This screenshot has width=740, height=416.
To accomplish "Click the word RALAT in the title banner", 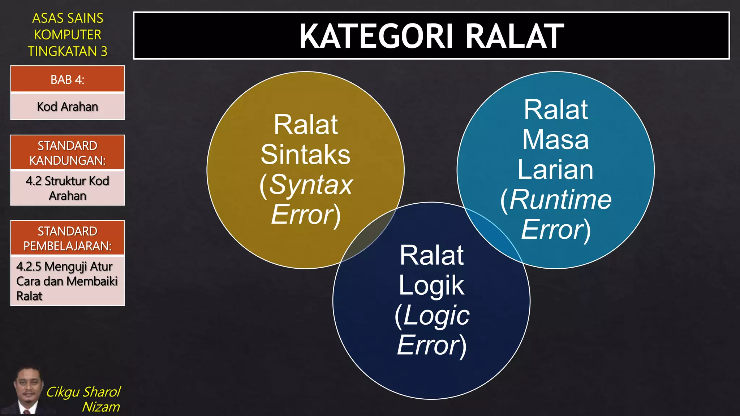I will click(515, 36).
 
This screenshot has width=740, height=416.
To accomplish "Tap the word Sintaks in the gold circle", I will click(305, 155).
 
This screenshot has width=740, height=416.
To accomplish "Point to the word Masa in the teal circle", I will click(555, 140).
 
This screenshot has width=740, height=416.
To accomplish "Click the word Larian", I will click(555, 170).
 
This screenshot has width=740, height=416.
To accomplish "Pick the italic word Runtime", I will click(560, 200).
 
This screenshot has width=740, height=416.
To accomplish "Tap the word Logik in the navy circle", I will click(431, 286).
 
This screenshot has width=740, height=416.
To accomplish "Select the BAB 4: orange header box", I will click(68, 79).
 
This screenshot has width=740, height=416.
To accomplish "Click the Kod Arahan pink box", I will click(68, 107).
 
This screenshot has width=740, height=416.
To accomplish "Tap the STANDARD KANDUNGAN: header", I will click(68, 153).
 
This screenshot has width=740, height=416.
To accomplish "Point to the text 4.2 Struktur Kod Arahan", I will click(68, 188).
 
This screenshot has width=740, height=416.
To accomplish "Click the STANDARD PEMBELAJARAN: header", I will click(68, 238).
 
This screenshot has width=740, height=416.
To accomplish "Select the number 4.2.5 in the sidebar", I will click(29, 266).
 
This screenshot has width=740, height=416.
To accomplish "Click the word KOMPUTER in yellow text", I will click(68, 35).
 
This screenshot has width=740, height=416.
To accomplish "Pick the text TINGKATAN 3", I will click(68, 51).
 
